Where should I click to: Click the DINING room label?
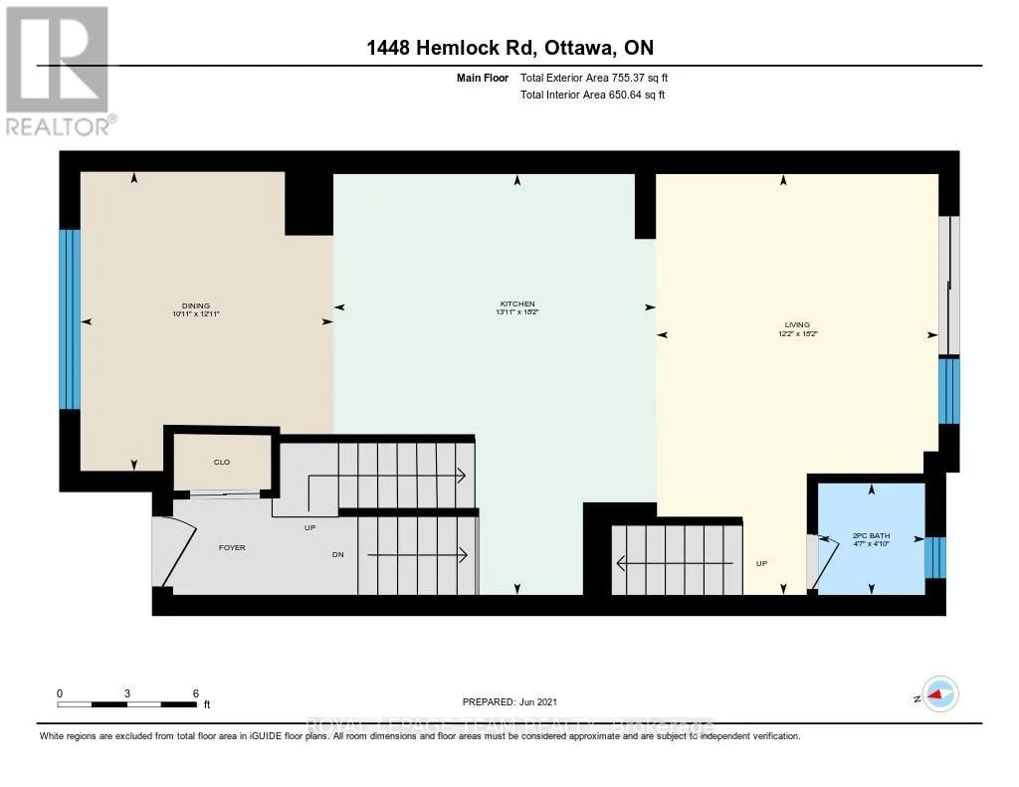195,305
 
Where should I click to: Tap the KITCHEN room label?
517,303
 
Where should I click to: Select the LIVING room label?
797,324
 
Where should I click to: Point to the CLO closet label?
222,462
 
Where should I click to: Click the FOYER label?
232,547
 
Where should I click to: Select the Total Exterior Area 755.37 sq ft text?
601,78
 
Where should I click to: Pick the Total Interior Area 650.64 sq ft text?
592,95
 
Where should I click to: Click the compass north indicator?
937,694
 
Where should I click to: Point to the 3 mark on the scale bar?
127,693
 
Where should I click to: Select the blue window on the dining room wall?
69,319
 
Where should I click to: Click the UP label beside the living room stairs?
762,563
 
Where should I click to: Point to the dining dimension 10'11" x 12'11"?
195,314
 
